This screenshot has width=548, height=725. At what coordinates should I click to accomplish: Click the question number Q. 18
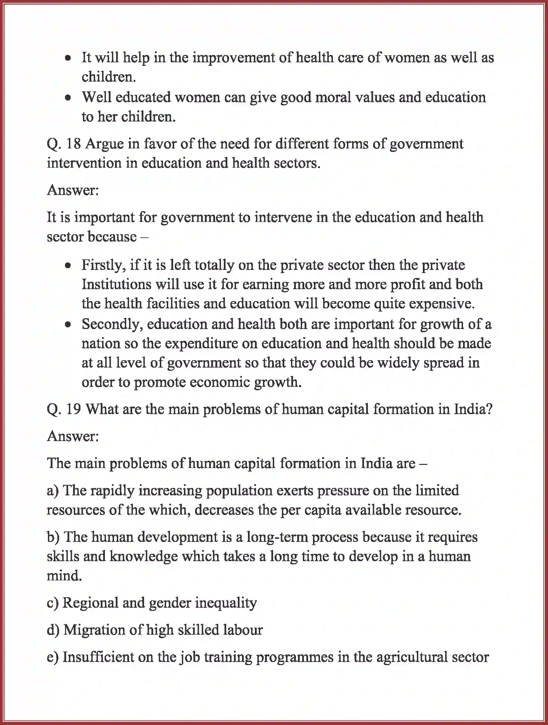point(64,144)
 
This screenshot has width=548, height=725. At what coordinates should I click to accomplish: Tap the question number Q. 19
point(64,409)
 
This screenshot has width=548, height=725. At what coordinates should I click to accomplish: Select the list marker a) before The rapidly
point(53,491)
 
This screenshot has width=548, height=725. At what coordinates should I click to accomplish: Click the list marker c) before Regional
point(52,603)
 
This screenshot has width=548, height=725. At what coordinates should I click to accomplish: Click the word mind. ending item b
point(64,576)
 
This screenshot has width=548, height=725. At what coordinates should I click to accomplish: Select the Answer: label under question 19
point(73,436)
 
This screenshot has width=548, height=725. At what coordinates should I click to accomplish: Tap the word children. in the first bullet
point(109,77)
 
